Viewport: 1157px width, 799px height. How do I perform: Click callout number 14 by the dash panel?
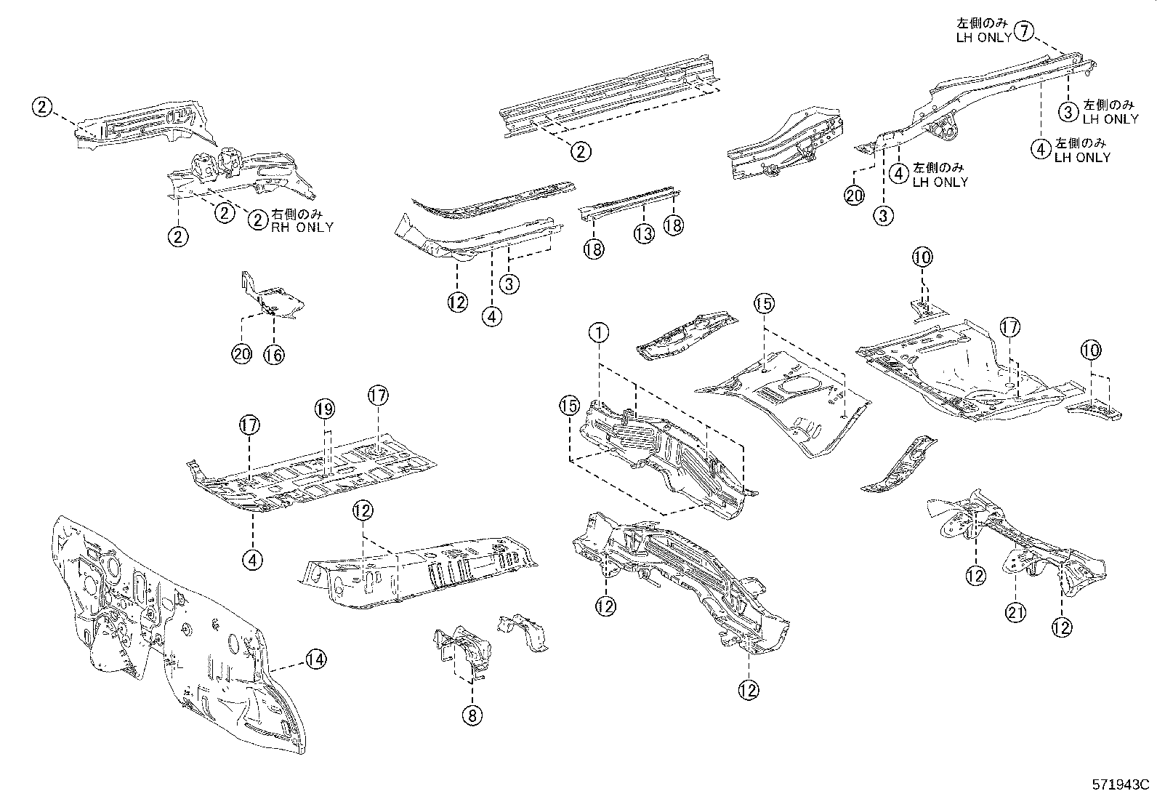tap(314, 659)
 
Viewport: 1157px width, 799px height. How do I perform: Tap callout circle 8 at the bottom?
tap(471, 715)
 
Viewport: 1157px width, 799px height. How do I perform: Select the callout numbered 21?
tap(1016, 613)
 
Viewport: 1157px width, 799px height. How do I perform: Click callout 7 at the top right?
tap(1023, 31)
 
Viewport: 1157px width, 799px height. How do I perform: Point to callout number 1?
tap(598, 334)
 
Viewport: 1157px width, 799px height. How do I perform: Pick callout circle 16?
tap(274, 354)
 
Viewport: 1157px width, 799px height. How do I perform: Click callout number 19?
tap(325, 410)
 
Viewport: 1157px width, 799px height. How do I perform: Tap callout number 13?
tap(644, 233)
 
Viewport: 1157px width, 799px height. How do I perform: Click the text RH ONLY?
tap(302, 227)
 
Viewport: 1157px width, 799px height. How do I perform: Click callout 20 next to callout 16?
tap(242, 354)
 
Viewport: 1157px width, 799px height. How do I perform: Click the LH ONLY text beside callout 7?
tap(983, 38)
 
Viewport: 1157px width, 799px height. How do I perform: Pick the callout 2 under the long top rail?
tap(580, 151)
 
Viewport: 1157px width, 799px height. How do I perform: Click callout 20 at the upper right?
tap(855, 195)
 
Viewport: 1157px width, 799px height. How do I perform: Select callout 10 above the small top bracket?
tap(922, 257)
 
